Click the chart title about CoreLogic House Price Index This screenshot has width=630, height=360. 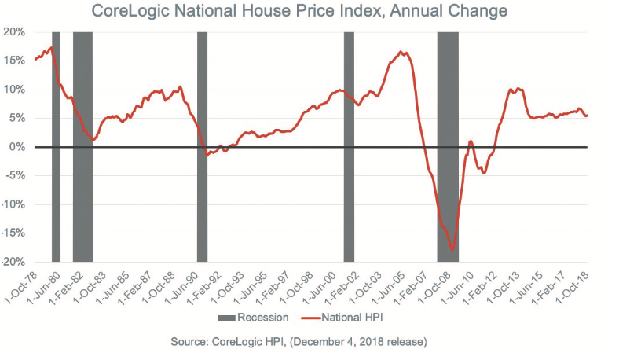point(299,11)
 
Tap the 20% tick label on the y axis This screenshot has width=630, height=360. point(16,32)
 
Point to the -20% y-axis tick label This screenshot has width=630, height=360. point(14,262)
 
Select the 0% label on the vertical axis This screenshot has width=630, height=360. point(19,147)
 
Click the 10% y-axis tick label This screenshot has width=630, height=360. point(16,90)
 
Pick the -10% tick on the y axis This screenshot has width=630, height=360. point(14,204)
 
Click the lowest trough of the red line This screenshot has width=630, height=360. point(452,251)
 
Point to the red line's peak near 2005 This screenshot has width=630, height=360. point(401,53)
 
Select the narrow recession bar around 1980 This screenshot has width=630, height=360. point(56,146)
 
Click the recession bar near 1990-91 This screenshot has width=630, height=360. point(202,146)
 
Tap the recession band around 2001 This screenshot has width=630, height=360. point(349,146)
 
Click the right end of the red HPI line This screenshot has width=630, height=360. point(588,116)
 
